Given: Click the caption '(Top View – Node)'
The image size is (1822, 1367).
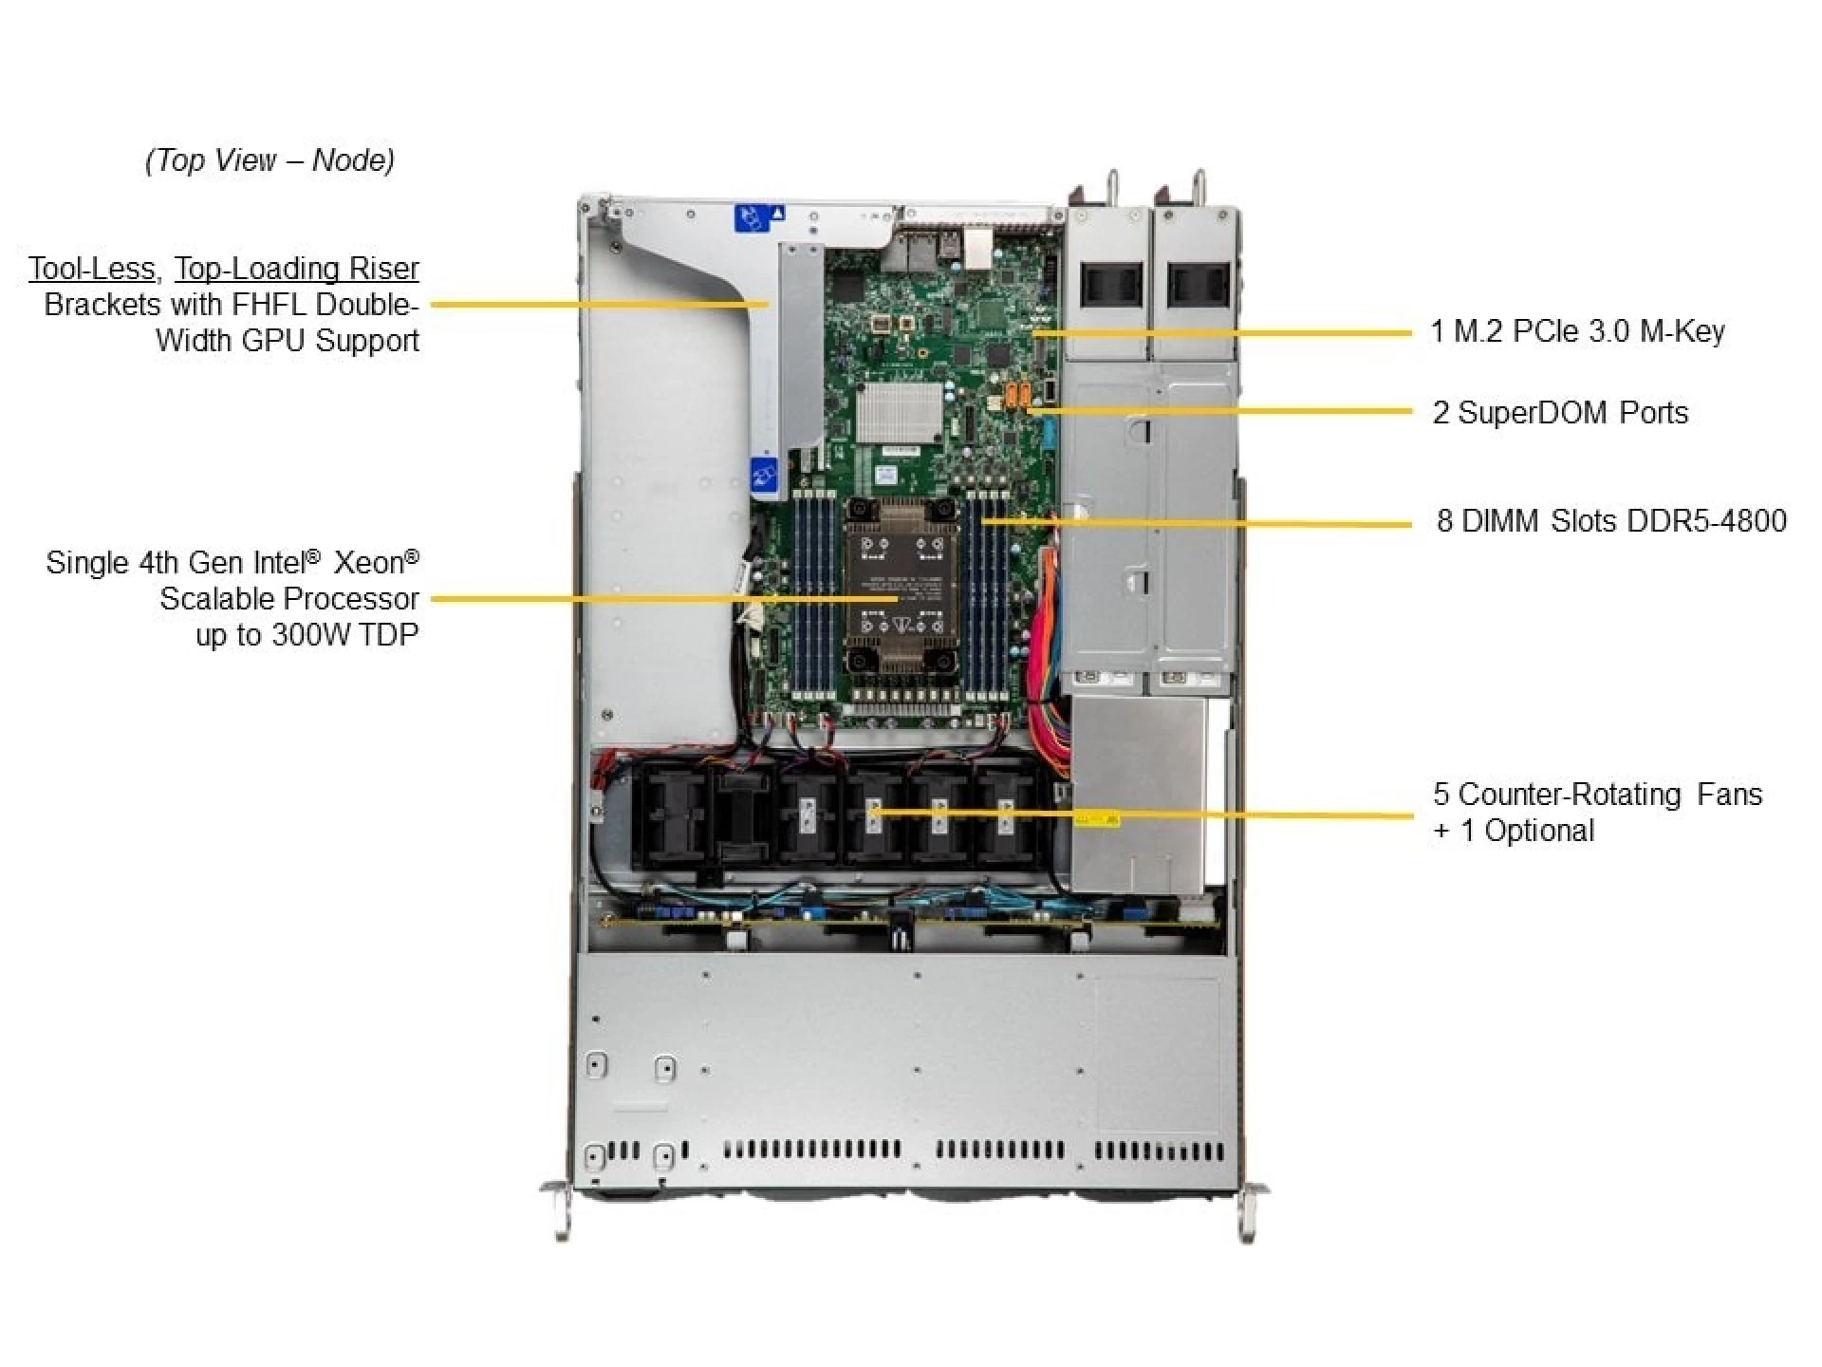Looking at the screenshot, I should (x=270, y=160).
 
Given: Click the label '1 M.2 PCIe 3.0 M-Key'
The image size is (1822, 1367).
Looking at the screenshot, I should (x=1576, y=331).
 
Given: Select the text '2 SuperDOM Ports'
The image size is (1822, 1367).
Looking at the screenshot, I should (x=1560, y=413).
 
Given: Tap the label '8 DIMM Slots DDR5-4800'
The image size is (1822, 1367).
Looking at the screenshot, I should (x=1610, y=521).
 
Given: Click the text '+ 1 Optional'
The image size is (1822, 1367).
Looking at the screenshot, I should (x=1514, y=832).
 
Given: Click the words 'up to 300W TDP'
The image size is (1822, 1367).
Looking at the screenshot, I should (x=307, y=635).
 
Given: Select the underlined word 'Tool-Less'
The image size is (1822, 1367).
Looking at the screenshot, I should (x=91, y=269).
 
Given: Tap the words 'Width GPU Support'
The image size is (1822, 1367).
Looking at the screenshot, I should (x=287, y=341).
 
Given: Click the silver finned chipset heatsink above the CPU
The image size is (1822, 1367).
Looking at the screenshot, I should (x=898, y=412).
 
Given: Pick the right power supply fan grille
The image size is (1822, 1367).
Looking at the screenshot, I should (x=1197, y=284).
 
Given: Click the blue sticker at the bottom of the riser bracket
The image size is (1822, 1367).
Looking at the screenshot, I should (x=763, y=474).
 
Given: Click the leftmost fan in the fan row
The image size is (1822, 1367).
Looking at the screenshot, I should (x=676, y=816).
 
